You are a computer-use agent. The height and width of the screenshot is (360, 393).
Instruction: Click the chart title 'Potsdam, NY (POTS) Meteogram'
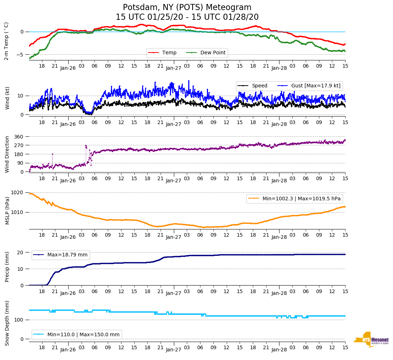click(x=187, y=8)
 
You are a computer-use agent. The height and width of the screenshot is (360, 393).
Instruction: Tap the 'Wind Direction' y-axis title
click(x=7, y=154)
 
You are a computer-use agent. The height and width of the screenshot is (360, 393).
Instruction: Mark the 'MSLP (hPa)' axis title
click(x=7, y=210)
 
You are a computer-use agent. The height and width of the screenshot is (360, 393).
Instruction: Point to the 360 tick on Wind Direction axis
click(x=19, y=137)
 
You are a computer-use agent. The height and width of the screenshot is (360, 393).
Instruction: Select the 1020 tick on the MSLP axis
click(x=18, y=193)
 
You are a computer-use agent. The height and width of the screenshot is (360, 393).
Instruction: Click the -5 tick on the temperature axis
click(x=22, y=55)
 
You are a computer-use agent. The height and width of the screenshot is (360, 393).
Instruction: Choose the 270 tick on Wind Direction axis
click(x=19, y=145)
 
